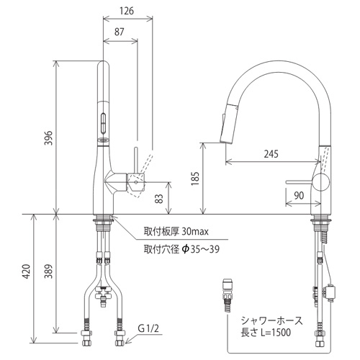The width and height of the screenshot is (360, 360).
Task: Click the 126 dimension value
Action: (127, 11)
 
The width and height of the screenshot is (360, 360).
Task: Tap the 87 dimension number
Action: (120, 32)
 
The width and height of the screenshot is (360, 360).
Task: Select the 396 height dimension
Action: (49, 138)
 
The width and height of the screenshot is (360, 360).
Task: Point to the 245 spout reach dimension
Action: (271, 154)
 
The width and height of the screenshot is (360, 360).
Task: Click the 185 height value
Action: (195, 179)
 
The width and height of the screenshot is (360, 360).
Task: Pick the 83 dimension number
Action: (159, 198)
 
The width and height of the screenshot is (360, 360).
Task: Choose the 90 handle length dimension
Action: (299, 196)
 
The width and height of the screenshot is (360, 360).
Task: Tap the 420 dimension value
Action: (27, 271)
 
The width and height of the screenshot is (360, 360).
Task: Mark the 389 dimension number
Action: (49, 271)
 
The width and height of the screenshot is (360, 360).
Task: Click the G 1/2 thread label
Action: (148, 328)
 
